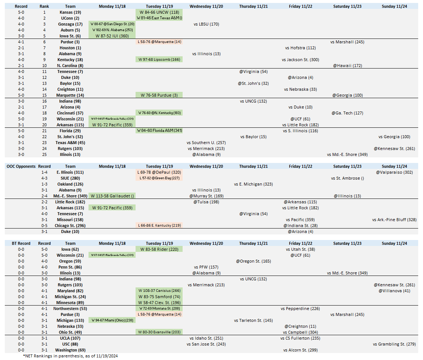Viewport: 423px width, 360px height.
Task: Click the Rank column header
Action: coord(44,6)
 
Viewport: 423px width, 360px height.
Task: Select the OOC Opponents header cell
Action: coord(21,166)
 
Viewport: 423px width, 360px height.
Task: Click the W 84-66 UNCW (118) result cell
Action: coord(160,12)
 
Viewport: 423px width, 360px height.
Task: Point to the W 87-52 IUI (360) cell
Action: coord(111,36)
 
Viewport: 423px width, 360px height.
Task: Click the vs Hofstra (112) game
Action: coord(300,48)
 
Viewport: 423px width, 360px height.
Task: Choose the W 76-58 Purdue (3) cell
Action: coord(160,95)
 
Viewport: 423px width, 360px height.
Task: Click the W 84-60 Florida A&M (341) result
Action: coord(160,131)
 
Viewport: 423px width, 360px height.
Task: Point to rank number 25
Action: coord(44,154)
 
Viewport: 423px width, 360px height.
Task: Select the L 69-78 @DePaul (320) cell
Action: coord(160,172)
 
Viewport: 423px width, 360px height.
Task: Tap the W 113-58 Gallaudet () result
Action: coord(111,196)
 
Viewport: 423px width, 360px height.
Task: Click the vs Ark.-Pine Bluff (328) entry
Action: coord(394,220)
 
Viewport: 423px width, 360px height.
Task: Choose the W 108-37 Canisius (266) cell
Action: coord(160,291)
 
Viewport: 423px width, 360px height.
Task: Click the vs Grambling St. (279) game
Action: coord(394,344)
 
